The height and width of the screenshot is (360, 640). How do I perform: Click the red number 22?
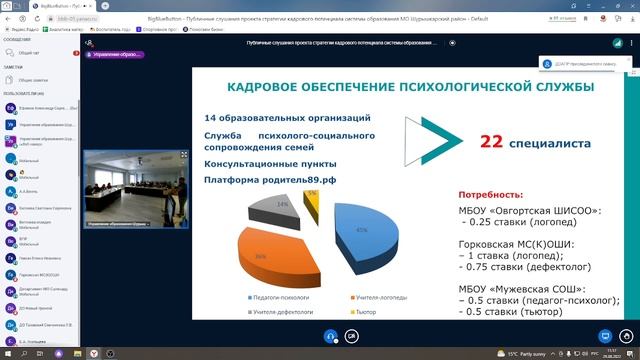[491, 143]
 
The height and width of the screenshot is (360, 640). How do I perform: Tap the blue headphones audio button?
[330, 337]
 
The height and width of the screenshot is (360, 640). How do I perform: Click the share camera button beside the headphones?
[352, 337]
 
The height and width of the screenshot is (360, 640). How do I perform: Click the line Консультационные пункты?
[271, 162]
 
